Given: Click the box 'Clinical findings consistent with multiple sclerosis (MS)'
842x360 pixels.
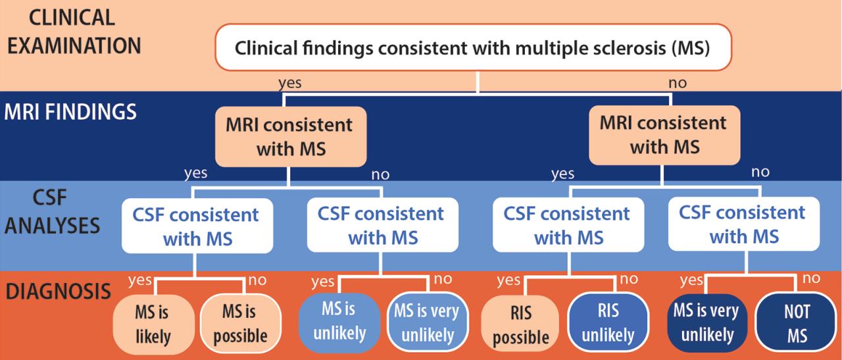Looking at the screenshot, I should click(x=473, y=48).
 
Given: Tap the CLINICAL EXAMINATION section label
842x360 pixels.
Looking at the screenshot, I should click(x=74, y=32).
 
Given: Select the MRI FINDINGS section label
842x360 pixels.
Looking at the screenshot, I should click(x=70, y=111).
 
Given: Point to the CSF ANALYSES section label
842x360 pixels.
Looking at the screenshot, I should click(x=58, y=212).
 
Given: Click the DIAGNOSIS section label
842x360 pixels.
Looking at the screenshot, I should click(x=58, y=292).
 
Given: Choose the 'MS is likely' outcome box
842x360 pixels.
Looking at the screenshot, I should click(x=153, y=324).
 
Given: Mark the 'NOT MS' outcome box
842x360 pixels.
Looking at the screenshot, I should click(x=797, y=324).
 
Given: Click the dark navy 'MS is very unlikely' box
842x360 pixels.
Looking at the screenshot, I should click(x=706, y=322).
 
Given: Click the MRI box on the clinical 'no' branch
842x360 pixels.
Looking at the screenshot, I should click(x=663, y=134).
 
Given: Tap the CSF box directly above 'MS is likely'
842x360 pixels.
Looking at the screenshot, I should click(x=197, y=226).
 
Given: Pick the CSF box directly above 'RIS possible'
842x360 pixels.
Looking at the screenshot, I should click(x=566, y=224).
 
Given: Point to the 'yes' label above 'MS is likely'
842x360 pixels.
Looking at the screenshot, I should click(x=140, y=280).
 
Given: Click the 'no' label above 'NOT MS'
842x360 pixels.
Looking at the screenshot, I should click(x=811, y=278).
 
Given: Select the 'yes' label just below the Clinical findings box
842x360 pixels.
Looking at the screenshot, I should click(x=290, y=84).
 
